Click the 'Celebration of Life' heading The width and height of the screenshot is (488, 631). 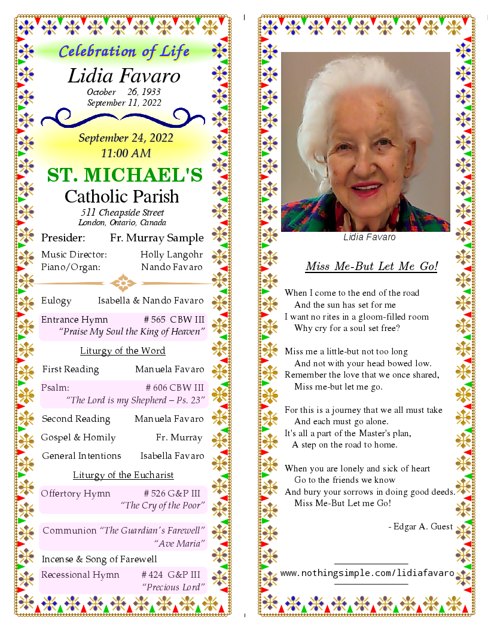click(x=124, y=51)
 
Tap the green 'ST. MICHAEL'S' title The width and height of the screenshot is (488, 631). click(x=125, y=175)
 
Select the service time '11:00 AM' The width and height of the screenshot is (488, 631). click(x=126, y=153)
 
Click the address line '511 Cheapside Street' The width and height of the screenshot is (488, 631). click(x=123, y=213)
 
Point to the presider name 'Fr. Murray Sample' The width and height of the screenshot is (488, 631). click(x=157, y=238)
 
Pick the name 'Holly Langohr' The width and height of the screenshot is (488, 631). click(x=172, y=255)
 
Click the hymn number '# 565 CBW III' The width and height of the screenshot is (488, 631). click(x=174, y=320)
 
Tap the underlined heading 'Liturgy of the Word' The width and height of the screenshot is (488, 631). click(x=123, y=351)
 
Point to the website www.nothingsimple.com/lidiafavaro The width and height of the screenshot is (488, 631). click(x=367, y=573)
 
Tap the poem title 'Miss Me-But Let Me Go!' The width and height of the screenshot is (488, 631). click(x=371, y=267)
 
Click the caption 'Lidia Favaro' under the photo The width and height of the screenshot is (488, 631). click(x=369, y=237)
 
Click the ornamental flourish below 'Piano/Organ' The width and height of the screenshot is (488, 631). click(x=124, y=283)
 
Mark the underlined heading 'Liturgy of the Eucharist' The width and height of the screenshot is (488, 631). click(x=123, y=475)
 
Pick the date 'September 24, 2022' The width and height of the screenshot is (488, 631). click(x=126, y=139)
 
